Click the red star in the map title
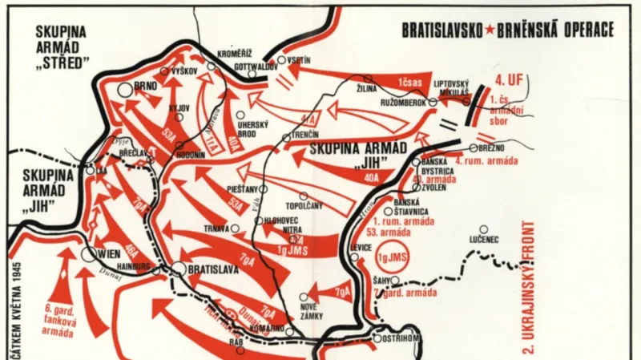point(488,30)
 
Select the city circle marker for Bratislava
point(179,269)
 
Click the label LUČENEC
point(483,239)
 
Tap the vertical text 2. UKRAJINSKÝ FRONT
point(528,281)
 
